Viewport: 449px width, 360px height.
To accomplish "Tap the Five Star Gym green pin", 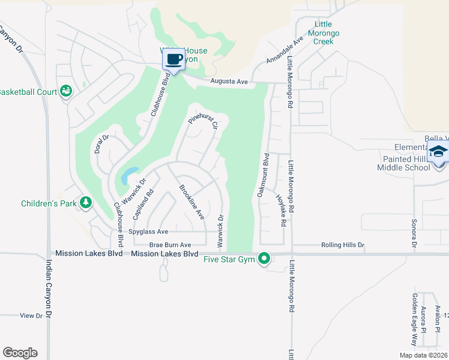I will click(x=264, y=259).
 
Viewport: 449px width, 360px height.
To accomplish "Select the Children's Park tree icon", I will click(x=86, y=203).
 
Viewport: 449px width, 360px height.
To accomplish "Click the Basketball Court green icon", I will click(x=66, y=91).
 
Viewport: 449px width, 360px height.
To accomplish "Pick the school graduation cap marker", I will click(x=438, y=152).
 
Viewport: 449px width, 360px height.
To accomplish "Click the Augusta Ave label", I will click(x=229, y=82).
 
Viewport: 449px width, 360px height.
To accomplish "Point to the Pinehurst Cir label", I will click(x=202, y=112).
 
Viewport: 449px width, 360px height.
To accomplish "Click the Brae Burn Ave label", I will click(x=170, y=245).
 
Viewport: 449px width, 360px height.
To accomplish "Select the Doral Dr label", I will click(x=101, y=144).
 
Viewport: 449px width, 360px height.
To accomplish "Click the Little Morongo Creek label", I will click(x=320, y=32).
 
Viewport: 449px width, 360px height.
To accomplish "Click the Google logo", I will click(x=20, y=353).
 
